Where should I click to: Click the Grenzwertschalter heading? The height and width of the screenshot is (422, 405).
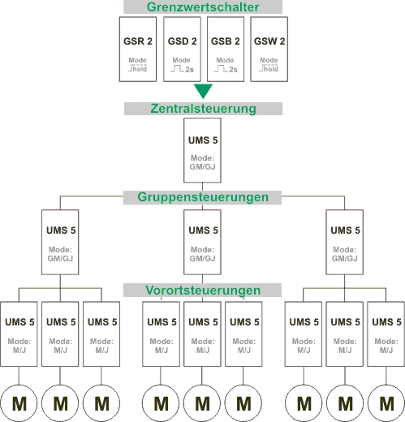point(203,7)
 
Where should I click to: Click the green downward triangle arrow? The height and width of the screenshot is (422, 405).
point(203,91)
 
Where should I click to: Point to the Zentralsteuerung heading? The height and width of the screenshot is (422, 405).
point(203,109)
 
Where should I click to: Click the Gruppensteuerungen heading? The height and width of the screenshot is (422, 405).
point(203,197)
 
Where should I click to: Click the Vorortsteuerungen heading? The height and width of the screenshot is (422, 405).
point(203,291)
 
